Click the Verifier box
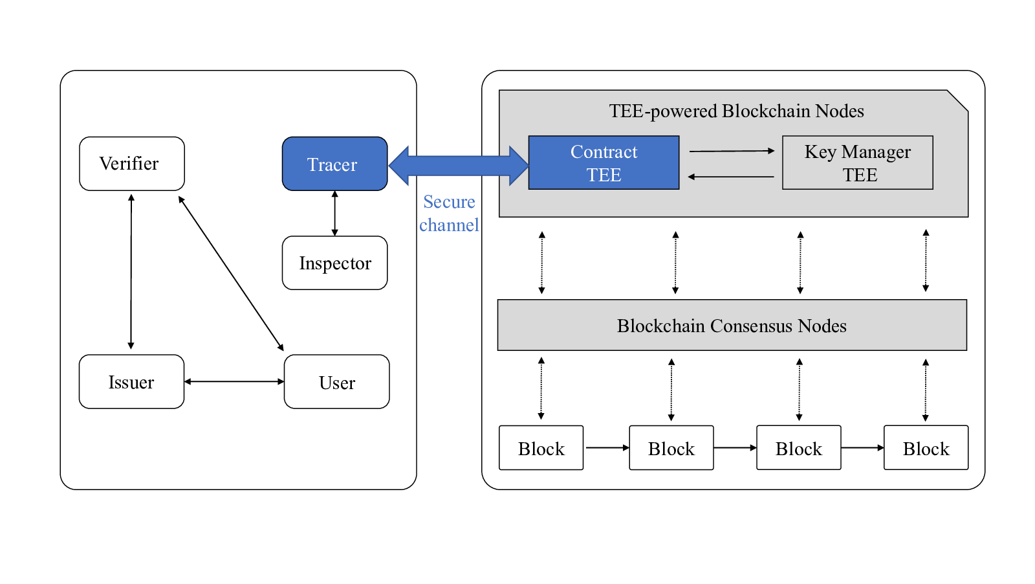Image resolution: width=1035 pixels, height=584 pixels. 132,164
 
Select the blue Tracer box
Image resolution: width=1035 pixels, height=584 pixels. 334,164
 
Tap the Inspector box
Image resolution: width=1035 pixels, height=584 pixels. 334,263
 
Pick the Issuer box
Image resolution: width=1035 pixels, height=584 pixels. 132,381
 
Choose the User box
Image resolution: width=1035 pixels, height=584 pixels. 337,381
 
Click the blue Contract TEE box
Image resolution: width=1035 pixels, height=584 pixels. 604,163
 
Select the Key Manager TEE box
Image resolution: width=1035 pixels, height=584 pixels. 858,163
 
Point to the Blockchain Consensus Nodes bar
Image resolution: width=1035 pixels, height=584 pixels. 732,325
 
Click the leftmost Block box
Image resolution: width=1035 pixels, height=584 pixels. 541,447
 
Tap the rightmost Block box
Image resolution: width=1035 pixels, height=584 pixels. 926,447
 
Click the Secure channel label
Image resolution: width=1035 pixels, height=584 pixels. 449,214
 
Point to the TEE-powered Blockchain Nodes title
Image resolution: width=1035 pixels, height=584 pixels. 737,111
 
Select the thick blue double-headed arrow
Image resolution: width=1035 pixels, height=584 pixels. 459,166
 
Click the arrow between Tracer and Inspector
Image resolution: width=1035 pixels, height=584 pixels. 335,214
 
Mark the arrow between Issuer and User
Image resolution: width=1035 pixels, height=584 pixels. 234,381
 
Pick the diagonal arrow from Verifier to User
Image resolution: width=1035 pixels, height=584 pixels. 231,273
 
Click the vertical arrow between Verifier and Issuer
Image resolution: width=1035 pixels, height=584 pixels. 131,271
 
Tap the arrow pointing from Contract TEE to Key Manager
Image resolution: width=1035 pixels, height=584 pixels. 732,151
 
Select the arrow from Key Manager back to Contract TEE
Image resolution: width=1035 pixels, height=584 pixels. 731,177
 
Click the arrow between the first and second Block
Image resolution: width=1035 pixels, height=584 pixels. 607,447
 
